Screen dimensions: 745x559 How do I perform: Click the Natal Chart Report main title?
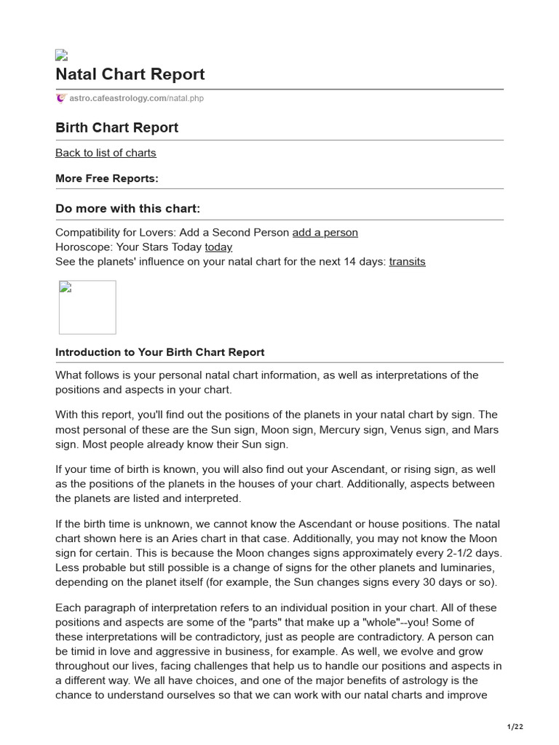tap(130, 74)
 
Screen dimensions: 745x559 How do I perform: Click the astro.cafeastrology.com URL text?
tap(136, 98)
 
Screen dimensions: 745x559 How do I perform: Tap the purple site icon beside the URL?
tap(61, 98)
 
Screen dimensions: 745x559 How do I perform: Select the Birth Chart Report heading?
tap(116, 127)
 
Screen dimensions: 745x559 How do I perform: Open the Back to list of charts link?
tap(106, 153)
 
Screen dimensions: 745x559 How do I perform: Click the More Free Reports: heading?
tap(107, 178)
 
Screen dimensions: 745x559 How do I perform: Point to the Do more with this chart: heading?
tap(127, 209)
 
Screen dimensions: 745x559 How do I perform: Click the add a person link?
tap(325, 232)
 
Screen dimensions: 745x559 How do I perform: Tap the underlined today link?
tap(218, 247)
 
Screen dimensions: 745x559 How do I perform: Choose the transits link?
tap(407, 261)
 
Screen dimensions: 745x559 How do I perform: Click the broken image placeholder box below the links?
tap(87, 307)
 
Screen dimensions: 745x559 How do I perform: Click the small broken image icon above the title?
tap(62, 55)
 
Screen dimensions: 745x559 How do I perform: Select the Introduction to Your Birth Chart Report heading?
tap(160, 352)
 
